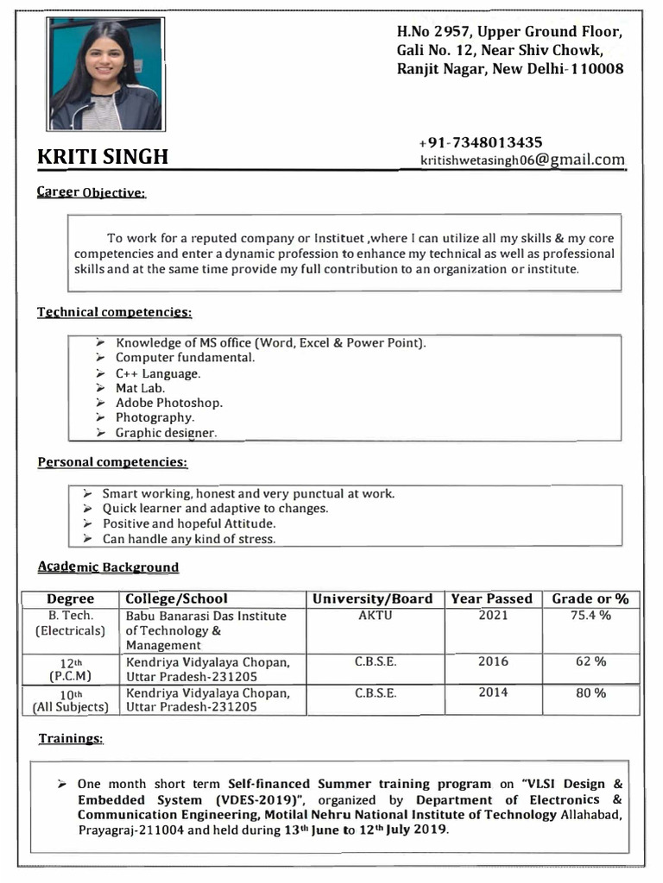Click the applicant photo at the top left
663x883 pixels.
point(105,74)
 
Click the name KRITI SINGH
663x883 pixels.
point(103,157)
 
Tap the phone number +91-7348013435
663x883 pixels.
point(481,142)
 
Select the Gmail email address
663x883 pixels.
point(522,160)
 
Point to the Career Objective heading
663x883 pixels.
point(91,192)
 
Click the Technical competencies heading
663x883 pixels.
point(114,311)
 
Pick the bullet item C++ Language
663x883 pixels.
point(158,373)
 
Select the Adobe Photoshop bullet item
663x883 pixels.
point(169,403)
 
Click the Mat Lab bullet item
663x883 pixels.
point(141,388)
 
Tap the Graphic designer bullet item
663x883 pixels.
point(167,432)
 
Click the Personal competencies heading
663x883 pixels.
point(112,462)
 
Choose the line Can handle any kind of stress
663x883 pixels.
point(189,539)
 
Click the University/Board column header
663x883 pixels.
point(373,598)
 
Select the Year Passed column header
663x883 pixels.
point(492,598)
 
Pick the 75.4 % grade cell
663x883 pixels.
point(590,616)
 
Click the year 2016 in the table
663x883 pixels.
point(493,661)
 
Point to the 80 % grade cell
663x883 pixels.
point(590,692)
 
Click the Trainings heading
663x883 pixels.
point(71,739)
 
